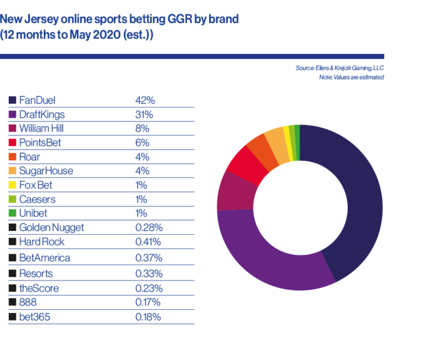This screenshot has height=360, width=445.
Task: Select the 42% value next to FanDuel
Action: (145, 100)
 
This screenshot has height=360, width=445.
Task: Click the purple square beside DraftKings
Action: (13, 114)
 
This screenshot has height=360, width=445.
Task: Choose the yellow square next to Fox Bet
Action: (13, 185)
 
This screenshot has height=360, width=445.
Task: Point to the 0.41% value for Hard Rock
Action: (149, 242)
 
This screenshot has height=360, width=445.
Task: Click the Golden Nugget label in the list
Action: (51, 228)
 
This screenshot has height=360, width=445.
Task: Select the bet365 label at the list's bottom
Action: (36, 316)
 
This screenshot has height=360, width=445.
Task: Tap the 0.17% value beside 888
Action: (148, 302)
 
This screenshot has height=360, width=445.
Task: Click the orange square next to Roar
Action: (13, 156)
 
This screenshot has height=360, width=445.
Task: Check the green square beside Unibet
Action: (13, 213)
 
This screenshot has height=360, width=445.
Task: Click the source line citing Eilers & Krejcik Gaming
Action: (339, 67)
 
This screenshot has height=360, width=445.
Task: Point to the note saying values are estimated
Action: (351, 77)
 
